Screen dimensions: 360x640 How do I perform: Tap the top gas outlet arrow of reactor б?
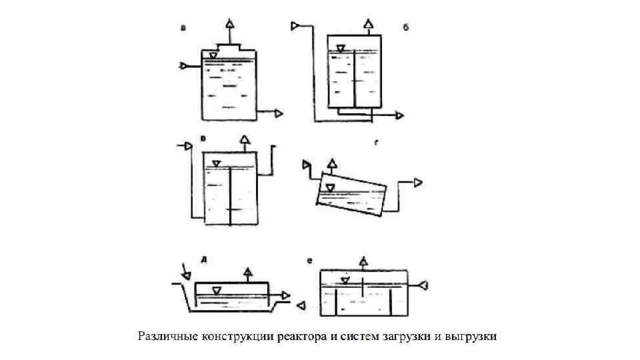click(367, 25)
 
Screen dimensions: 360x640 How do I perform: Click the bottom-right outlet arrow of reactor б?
click(399, 115)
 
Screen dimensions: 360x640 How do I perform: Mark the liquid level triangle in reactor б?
click(341, 49)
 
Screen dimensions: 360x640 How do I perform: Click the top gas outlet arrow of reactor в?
click(245, 139)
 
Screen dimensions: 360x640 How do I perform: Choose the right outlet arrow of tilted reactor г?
click(418, 182)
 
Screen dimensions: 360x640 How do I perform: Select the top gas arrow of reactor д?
click(248, 271)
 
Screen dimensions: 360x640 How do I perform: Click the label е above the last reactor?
click(310, 262)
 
